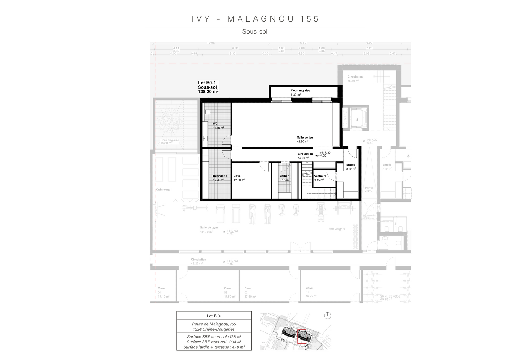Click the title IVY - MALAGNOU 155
[x=255, y=19]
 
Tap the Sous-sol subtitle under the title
[x=255, y=32]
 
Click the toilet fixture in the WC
[x=208, y=112]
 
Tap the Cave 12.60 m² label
[x=239, y=178]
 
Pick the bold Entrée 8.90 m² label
[x=351, y=167]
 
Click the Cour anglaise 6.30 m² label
[x=300, y=92]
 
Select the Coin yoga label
[x=163, y=190]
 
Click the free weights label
[x=337, y=229]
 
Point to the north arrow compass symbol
[x=328, y=316]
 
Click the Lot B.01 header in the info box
[x=214, y=316]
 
